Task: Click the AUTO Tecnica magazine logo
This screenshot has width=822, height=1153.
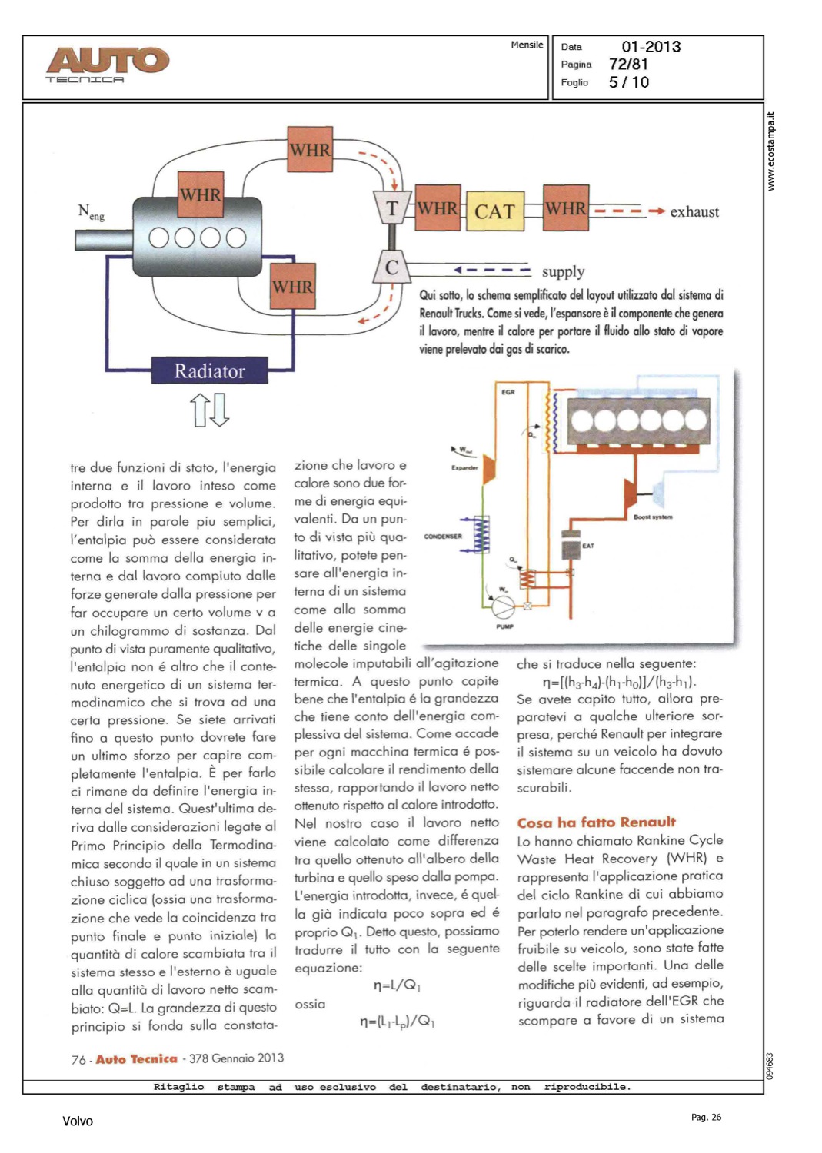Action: [107, 64]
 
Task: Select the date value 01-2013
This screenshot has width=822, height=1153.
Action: [651, 47]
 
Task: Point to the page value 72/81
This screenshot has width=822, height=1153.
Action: [628, 65]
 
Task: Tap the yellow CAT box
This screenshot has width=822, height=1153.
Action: [494, 211]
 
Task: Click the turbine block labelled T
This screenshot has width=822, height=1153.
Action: [391, 208]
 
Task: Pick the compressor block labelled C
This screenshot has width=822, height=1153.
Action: [391, 267]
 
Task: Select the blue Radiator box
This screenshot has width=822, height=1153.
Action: [209, 370]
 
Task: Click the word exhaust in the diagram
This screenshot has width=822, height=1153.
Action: [694, 211]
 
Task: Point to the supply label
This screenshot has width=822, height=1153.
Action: [563, 271]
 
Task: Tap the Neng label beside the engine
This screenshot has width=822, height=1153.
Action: [90, 211]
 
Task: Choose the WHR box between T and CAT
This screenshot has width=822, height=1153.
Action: [438, 208]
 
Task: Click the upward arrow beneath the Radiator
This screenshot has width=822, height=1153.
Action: [200, 410]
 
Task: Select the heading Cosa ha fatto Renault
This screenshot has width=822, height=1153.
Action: [596, 822]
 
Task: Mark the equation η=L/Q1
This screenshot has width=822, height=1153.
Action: [397, 985]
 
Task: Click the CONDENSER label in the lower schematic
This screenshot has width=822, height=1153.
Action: [443, 537]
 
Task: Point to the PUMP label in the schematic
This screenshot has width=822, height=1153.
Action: [504, 626]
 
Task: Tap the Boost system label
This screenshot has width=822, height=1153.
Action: [653, 517]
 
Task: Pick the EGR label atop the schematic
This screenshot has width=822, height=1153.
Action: [508, 392]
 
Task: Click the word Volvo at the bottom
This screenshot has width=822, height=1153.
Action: [78, 1121]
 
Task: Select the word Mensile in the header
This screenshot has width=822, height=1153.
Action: [527, 45]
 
